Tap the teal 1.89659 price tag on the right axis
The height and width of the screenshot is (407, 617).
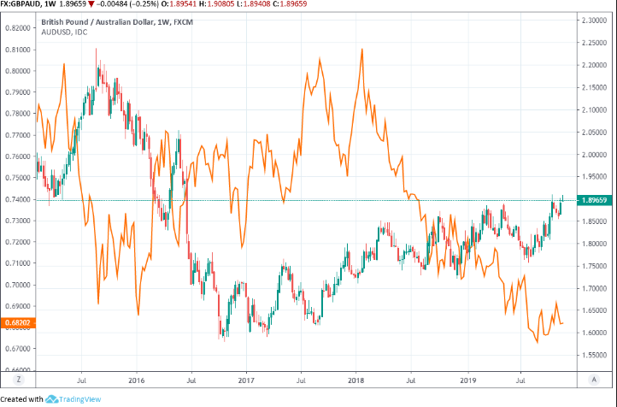[x=594, y=200]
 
